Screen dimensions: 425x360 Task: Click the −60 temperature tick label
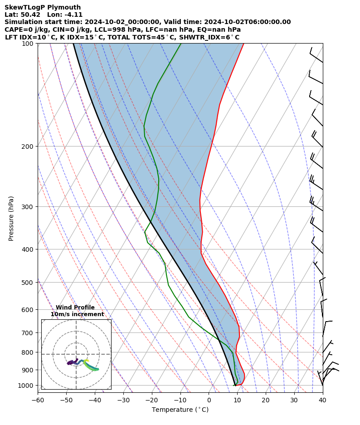(38, 401)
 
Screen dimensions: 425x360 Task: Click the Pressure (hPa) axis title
(11, 218)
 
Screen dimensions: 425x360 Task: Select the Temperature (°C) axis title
(180, 410)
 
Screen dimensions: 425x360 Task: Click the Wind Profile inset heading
(75, 308)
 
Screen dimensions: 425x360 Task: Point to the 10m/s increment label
(77, 314)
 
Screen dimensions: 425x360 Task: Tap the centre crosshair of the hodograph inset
(76, 354)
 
